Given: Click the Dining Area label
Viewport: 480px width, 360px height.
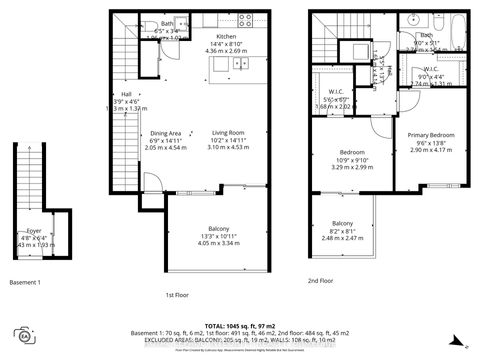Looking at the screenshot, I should pyautogui.click(x=165, y=133).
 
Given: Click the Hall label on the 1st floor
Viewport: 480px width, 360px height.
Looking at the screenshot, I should pyautogui.click(x=126, y=93).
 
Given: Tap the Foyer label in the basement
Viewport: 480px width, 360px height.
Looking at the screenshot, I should pyautogui.click(x=33, y=229).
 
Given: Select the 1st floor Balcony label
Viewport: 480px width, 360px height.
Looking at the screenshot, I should pyautogui.click(x=216, y=227).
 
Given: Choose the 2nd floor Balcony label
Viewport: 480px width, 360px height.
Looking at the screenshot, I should pyautogui.click(x=342, y=222).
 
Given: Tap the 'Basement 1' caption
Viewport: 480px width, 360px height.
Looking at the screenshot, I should pyautogui.click(x=24, y=283).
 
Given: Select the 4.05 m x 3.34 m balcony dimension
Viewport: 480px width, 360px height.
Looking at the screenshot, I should pyautogui.click(x=216, y=243).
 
